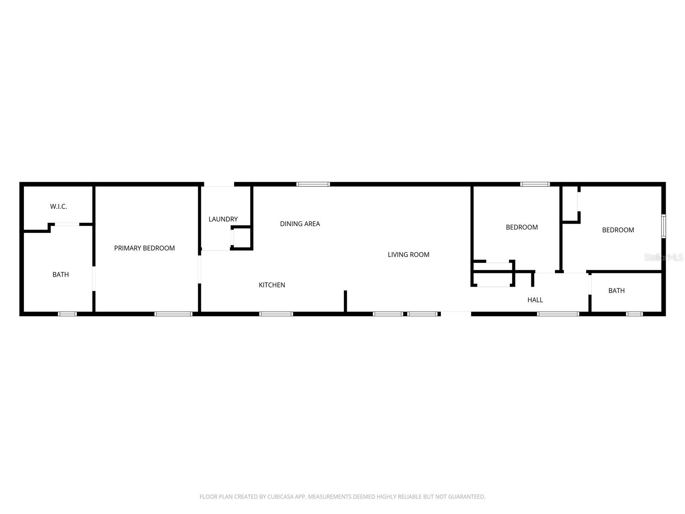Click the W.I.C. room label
59,206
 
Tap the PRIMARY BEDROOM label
144,248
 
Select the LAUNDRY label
223,219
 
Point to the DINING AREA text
300,224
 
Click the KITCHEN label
272,285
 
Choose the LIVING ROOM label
408,254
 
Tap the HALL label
535,300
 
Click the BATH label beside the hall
616,290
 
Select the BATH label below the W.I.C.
60,275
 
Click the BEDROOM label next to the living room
522,227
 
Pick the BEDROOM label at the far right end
618,230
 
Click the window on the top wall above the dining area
313,184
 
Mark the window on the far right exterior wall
664,226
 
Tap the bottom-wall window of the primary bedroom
173,314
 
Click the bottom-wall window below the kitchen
276,314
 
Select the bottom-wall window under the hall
558,314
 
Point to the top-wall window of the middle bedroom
535,184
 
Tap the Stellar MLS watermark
664,257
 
